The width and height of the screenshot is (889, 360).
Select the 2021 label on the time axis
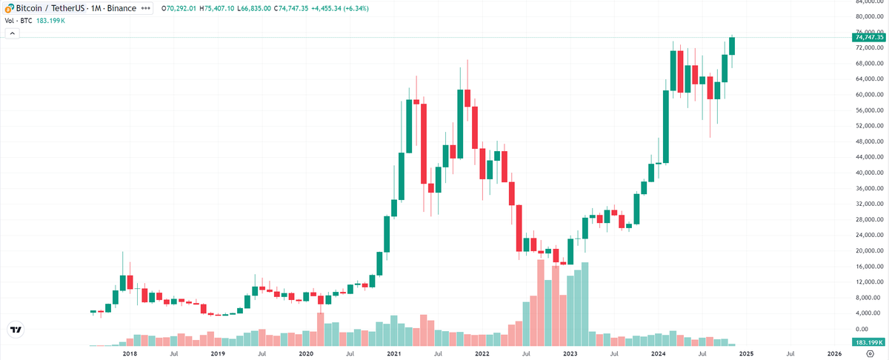[x=393, y=354]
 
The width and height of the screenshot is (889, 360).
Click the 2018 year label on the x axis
[x=129, y=354]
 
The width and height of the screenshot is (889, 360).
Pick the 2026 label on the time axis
[x=834, y=354]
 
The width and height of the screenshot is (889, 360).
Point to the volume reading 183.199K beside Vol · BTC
[x=51, y=20]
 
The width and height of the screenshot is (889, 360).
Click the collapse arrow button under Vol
[x=12, y=36]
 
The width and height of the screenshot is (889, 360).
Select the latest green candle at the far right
[x=733, y=45]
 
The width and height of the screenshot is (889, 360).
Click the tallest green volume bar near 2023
[x=585, y=304]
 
